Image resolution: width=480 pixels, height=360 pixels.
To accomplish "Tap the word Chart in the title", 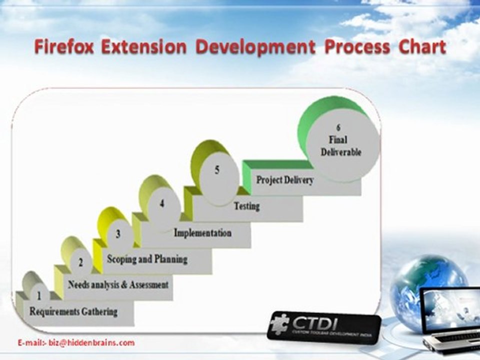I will (422, 47).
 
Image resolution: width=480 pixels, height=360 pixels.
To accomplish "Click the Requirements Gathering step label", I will (73, 311).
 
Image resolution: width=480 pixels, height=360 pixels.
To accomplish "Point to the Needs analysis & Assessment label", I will (118, 284).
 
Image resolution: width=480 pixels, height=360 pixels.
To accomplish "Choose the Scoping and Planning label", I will (147, 259).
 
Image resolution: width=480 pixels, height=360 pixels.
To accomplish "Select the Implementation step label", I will (202, 232).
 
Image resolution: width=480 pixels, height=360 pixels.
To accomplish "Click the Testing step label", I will (247, 205).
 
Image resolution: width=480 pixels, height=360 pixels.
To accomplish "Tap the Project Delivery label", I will (284, 179).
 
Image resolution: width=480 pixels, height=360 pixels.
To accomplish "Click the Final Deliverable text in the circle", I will (341, 146).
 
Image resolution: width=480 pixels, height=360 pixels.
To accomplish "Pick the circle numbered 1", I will (39, 295).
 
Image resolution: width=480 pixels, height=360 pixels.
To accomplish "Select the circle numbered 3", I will (118, 234).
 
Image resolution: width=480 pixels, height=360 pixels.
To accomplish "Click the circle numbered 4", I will (162, 203).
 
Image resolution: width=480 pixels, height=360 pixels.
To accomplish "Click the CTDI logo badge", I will (323, 326).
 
